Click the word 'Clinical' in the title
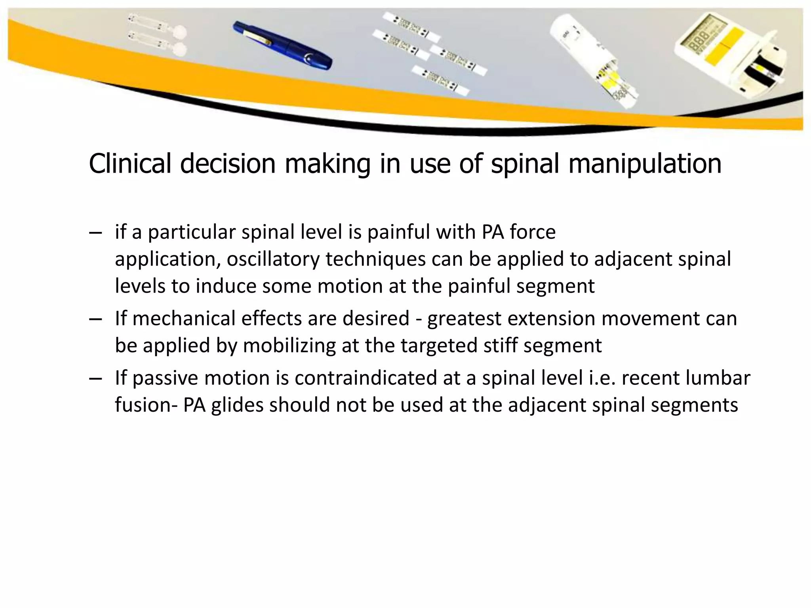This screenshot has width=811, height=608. click(x=130, y=163)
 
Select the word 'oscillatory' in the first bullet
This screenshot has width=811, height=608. click(x=273, y=259)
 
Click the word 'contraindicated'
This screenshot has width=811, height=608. click(x=366, y=378)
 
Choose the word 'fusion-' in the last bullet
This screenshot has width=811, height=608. click(x=146, y=405)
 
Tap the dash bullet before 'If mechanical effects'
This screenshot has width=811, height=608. click(x=95, y=319)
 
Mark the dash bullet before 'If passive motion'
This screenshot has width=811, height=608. click(x=95, y=378)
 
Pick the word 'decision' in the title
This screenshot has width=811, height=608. click(x=228, y=163)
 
